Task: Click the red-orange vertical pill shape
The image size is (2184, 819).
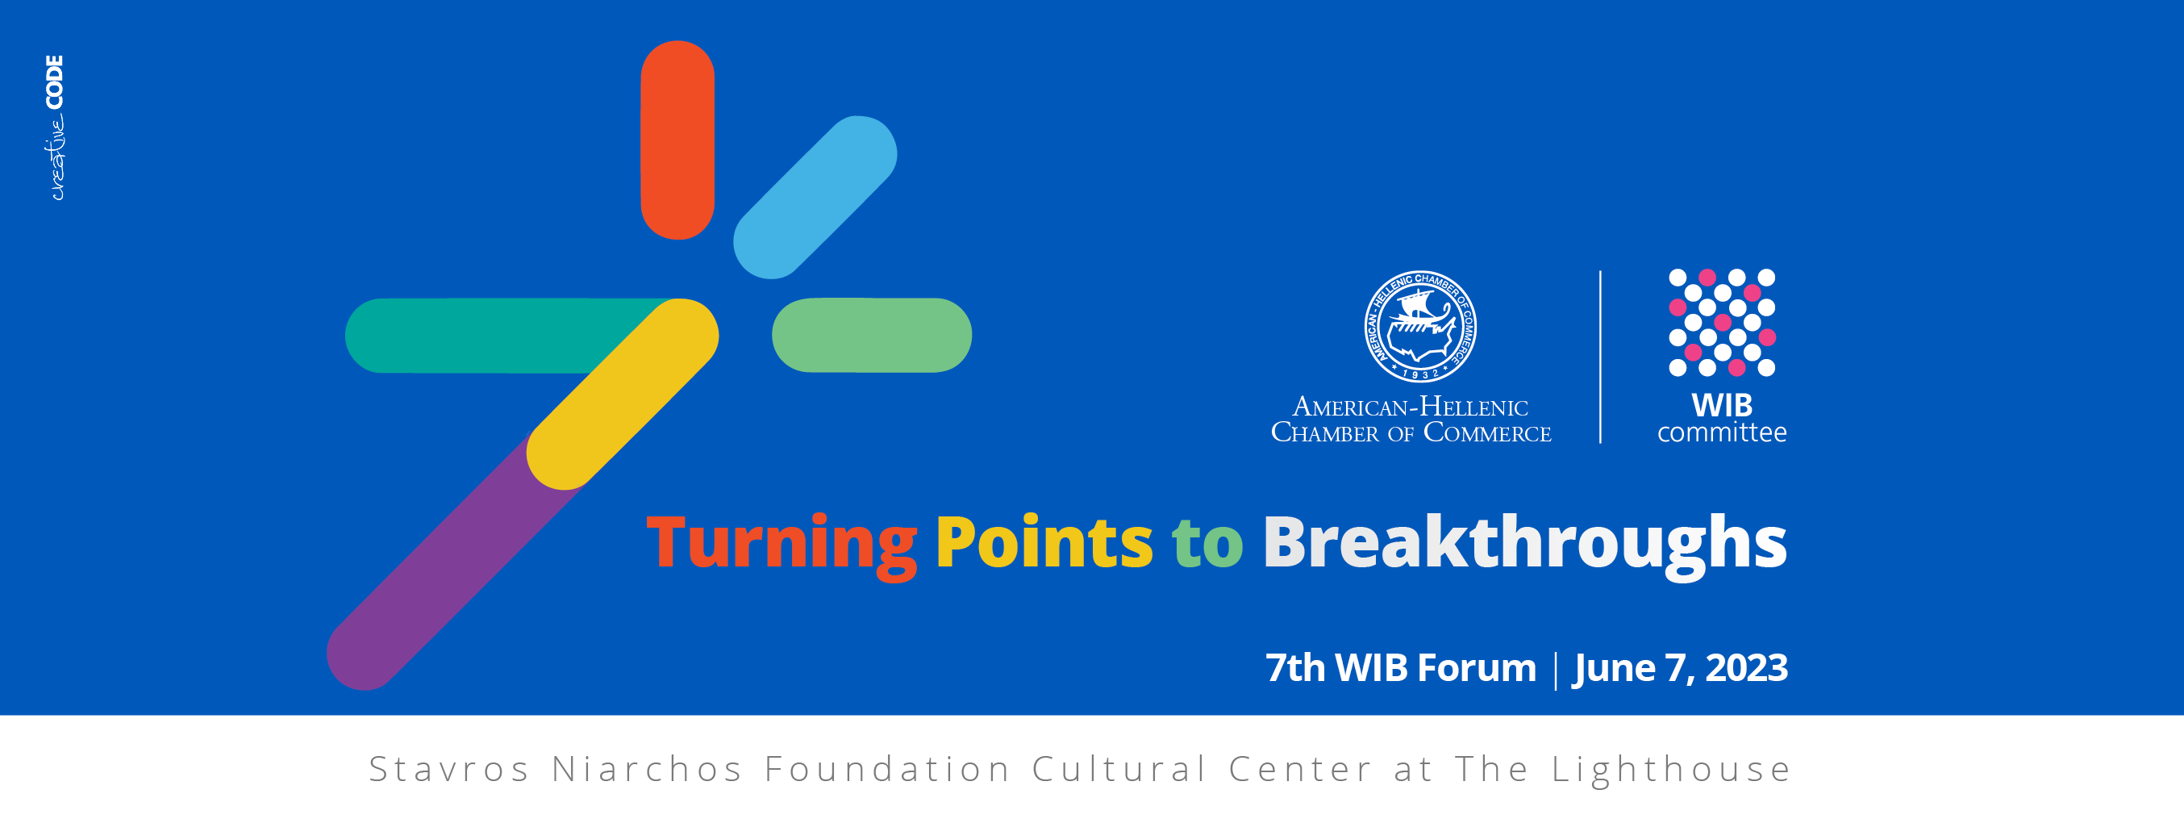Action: click(677, 140)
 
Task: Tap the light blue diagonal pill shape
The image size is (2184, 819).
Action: click(815, 197)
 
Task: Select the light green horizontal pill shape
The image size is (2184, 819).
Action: click(872, 335)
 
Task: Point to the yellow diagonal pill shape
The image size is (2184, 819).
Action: click(623, 394)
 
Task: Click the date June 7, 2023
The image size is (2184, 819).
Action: click(1681, 668)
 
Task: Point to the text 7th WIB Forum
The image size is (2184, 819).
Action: click(1401, 668)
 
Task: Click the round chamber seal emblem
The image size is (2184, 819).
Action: click(1420, 327)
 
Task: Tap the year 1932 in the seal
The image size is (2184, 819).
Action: click(1420, 374)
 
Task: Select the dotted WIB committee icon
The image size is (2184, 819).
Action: click(1722, 322)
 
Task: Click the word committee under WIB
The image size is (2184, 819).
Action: click(1722, 432)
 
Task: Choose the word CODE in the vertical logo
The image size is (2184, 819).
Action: click(54, 82)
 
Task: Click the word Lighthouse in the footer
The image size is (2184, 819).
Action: click(1671, 771)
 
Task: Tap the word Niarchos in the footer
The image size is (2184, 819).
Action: click(647, 770)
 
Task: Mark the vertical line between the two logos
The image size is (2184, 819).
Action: click(1601, 357)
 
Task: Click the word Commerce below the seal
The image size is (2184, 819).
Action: click(1487, 432)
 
